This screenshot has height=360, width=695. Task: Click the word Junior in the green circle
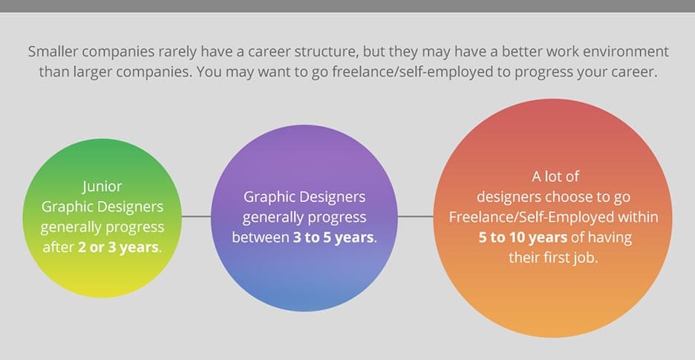point(102,186)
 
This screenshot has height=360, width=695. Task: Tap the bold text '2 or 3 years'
point(119,246)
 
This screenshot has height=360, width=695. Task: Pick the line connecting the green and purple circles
point(197,217)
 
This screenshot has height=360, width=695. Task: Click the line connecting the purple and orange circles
point(416,217)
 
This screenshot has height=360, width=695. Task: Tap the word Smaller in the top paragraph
point(55,53)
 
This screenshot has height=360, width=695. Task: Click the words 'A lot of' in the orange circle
point(555,177)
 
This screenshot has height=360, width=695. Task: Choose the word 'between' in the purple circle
point(260,238)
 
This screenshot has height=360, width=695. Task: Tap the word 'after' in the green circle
point(57,246)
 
